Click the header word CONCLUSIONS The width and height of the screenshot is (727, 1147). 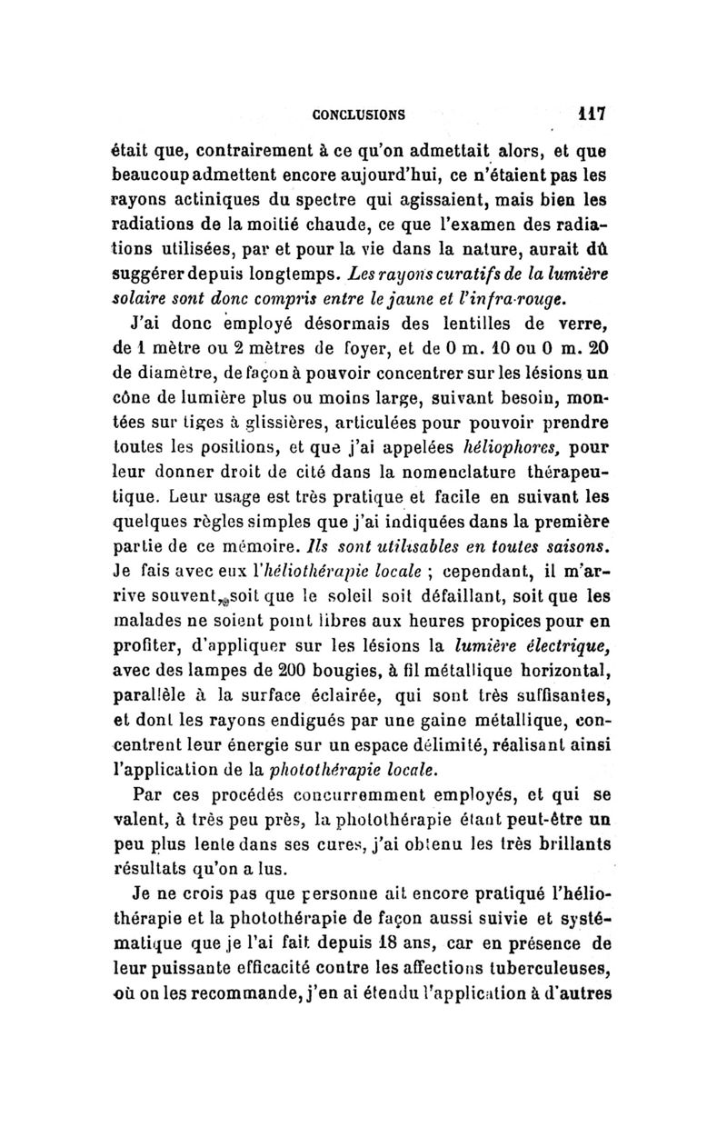click(x=358, y=115)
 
